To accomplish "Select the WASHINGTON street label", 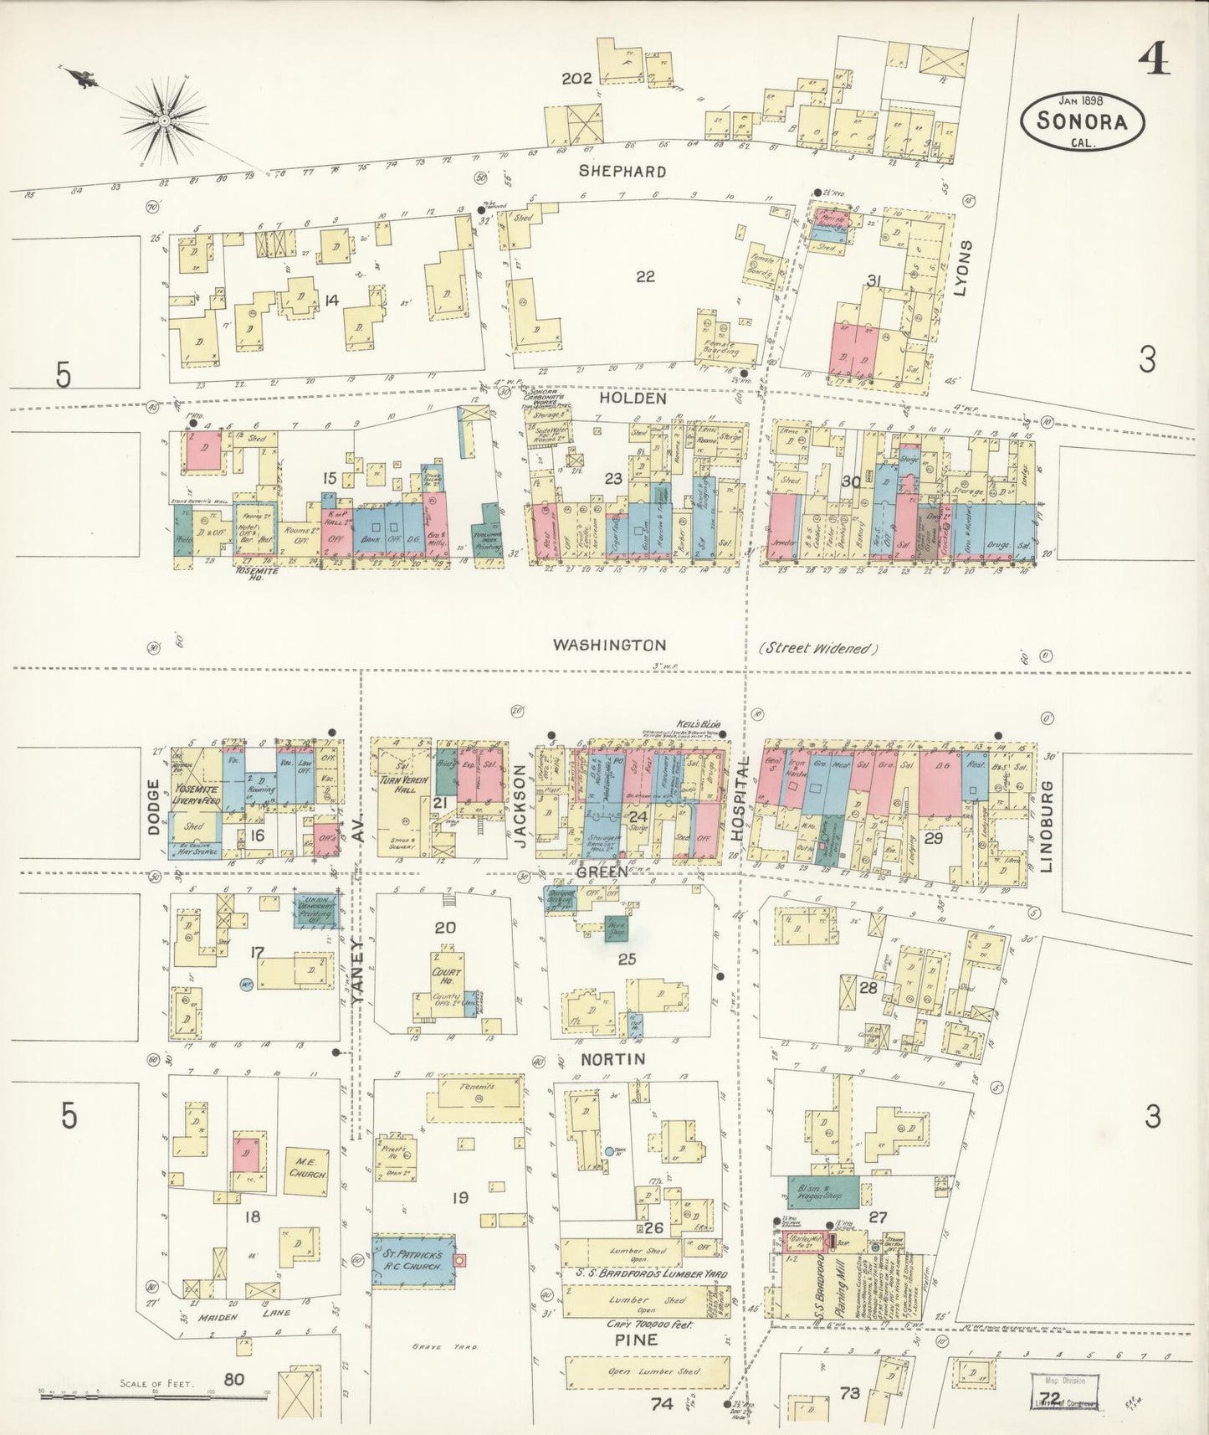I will click(x=609, y=645).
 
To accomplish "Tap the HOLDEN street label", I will click(x=633, y=399).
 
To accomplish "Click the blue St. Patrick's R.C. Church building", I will click(x=413, y=1260).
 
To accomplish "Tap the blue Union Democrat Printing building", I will click(x=318, y=910).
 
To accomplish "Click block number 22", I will click(x=644, y=276).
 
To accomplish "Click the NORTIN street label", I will click(x=613, y=1059).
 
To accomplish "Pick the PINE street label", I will click(x=636, y=1340).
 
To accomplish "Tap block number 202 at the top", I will click(x=576, y=79).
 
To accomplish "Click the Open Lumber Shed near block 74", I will click(x=646, y=1374).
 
